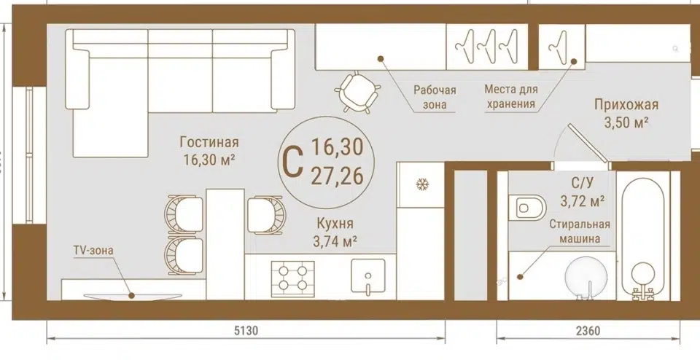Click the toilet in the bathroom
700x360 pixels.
(x=530, y=208)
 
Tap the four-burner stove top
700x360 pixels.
(x=292, y=278)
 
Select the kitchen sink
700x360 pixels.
(x=367, y=277)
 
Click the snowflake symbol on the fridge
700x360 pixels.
(x=422, y=184)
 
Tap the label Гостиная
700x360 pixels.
(x=209, y=142)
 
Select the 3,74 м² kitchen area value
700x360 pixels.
(x=335, y=241)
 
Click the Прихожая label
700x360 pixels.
(x=626, y=105)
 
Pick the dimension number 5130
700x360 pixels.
(x=246, y=331)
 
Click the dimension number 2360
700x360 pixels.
(x=588, y=331)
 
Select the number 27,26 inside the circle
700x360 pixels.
(x=337, y=177)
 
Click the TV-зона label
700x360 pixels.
(x=93, y=250)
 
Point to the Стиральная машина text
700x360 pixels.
(x=580, y=232)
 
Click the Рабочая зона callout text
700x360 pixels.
(x=435, y=97)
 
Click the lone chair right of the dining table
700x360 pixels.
(x=266, y=215)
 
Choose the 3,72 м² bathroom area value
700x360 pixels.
(x=583, y=201)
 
